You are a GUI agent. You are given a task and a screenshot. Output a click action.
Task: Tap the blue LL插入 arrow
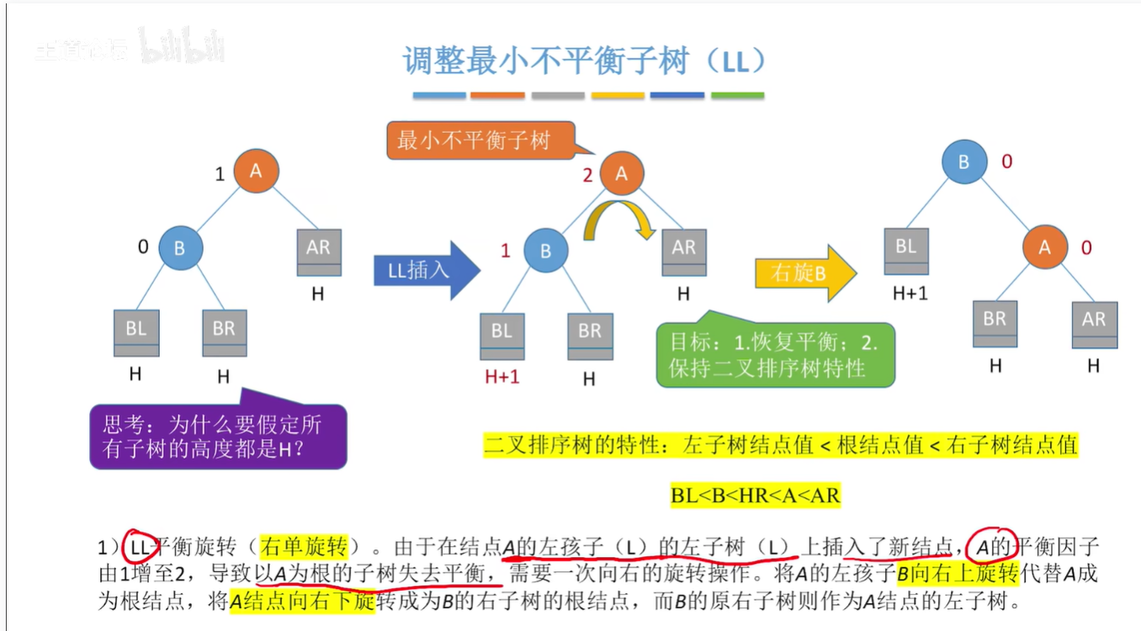coord(425,270)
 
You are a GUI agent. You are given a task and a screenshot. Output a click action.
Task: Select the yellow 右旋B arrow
coord(804,273)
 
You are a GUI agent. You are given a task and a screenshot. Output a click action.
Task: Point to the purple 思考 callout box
coord(218,435)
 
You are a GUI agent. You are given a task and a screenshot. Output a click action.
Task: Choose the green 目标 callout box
coord(774,356)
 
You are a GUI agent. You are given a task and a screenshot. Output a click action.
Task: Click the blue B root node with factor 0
coord(964,162)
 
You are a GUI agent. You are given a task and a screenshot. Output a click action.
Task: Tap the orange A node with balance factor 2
coord(622,174)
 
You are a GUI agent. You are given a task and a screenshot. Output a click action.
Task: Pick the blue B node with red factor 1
coord(545,251)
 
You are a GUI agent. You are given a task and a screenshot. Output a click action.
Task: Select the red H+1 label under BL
coord(502,376)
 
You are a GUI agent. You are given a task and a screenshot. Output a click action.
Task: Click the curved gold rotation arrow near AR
coord(621,217)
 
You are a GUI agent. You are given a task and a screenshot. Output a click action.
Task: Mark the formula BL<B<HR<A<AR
coord(756,495)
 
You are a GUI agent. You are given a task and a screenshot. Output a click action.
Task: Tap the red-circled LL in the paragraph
coord(140,548)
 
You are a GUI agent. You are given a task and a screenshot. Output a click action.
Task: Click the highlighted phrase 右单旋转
coord(304,548)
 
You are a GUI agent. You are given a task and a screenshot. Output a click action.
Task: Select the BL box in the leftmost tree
coord(136,333)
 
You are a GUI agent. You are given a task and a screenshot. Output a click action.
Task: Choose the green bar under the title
coord(737,96)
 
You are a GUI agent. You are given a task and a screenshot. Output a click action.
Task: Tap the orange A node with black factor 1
coord(256,171)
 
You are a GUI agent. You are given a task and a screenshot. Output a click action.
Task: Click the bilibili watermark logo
coord(182,50)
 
